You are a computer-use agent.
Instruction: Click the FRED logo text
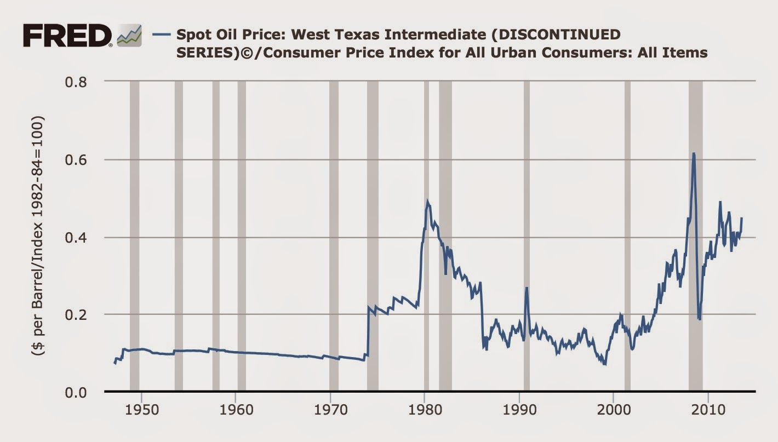(x=67, y=36)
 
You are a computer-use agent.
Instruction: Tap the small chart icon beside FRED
(x=129, y=36)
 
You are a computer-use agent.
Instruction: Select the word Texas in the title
(x=330, y=35)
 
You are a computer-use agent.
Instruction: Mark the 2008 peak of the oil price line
(x=694, y=154)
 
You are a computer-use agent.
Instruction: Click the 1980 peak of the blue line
(x=427, y=201)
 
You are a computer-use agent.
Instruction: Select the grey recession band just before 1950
(x=134, y=236)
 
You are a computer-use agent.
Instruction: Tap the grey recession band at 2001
(x=627, y=236)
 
